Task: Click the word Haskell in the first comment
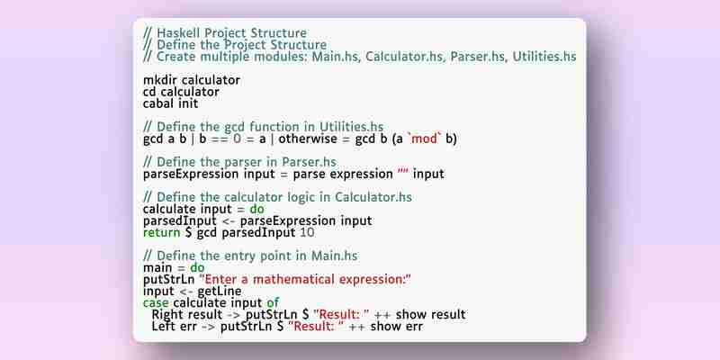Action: coord(178,33)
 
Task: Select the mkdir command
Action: coord(160,80)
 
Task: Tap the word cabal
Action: coord(159,103)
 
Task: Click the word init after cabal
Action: coord(188,103)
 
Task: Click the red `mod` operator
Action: coord(425,139)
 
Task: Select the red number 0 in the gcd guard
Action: coord(237,139)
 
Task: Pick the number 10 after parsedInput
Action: coord(307,232)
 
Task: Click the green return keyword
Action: coord(162,232)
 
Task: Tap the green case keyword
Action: coord(156,303)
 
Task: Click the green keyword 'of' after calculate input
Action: coord(273,302)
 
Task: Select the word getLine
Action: coord(220,292)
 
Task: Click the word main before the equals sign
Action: coord(157,267)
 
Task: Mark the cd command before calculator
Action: coord(149,92)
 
